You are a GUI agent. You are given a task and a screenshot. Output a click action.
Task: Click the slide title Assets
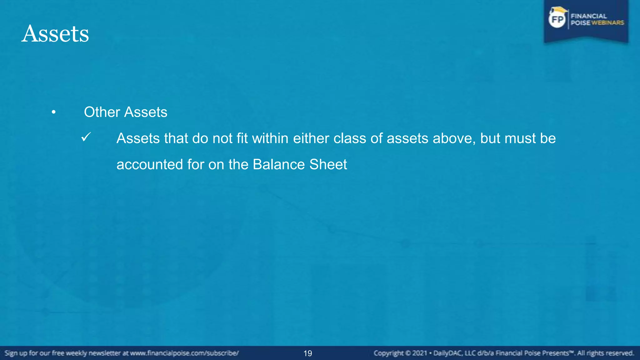(x=55, y=34)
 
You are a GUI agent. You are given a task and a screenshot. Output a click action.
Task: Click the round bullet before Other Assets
(x=54, y=112)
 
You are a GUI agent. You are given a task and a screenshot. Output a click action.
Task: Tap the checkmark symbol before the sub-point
(x=86, y=137)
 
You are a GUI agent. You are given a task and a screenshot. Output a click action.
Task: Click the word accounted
(x=149, y=165)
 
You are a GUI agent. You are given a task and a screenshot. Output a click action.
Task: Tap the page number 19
(x=308, y=353)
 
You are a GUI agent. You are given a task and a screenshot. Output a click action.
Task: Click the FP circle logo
(x=557, y=20)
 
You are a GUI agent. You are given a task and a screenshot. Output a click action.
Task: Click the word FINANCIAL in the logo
(x=589, y=16)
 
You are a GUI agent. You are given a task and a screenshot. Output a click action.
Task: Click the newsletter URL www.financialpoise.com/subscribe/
(x=184, y=353)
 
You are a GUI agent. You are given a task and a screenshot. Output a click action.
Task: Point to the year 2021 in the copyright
(x=419, y=353)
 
